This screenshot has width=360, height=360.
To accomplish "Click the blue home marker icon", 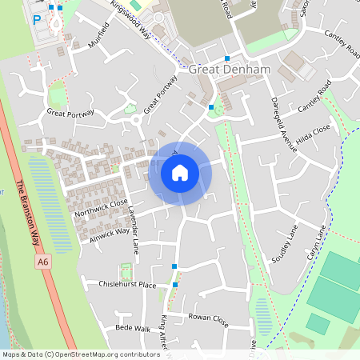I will [x=180, y=173].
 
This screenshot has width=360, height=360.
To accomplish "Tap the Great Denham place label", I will [x=230, y=70].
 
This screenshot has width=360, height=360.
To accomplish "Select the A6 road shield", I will [x=42, y=262].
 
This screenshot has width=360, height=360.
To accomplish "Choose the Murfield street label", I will [x=98, y=37].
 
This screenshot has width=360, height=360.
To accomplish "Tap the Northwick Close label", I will [x=100, y=209].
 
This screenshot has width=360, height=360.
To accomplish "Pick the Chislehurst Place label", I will [x=126, y=285].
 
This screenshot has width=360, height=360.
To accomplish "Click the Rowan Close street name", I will [x=209, y=319].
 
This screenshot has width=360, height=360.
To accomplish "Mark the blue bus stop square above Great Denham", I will [x=227, y=58].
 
